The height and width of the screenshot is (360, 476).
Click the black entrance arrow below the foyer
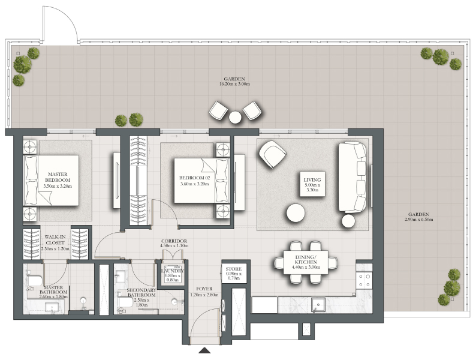click(204, 350)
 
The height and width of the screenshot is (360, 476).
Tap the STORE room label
click(234, 269)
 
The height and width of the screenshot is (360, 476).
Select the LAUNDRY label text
click(173, 271)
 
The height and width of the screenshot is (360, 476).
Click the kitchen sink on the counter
click(318, 304)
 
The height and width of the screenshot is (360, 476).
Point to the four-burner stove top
click(364, 280)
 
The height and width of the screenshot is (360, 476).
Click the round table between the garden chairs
click(235, 117)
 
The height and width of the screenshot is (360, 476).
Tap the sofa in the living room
click(353, 177)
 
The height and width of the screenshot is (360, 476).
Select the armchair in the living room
click(272, 154)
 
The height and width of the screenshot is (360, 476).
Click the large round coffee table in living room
click(296, 212)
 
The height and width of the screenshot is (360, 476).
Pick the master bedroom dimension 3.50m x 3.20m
click(58, 186)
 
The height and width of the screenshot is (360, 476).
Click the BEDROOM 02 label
click(194, 178)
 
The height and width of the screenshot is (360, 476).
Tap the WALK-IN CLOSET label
click(55, 239)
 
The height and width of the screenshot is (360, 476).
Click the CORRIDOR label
click(174, 241)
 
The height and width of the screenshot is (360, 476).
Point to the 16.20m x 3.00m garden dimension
click(234, 84)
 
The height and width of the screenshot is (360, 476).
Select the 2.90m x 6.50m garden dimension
click(419, 220)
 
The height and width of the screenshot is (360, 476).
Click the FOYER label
click(204, 289)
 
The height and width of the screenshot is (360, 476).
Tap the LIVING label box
click(312, 184)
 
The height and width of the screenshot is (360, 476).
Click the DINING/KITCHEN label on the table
click(306, 259)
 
